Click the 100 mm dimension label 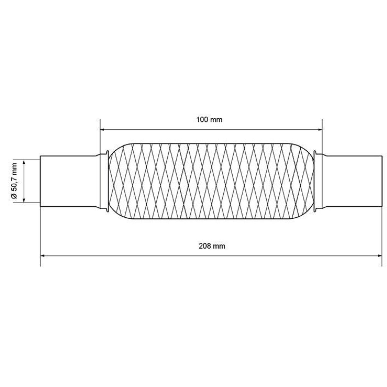coord(209,120)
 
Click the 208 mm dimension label coord(212,246)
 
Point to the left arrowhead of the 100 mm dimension coord(102,130)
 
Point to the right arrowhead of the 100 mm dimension coord(320,130)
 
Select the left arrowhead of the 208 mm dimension coord(43,256)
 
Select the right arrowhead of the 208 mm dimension coord(379,256)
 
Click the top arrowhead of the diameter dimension coord(24,163)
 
